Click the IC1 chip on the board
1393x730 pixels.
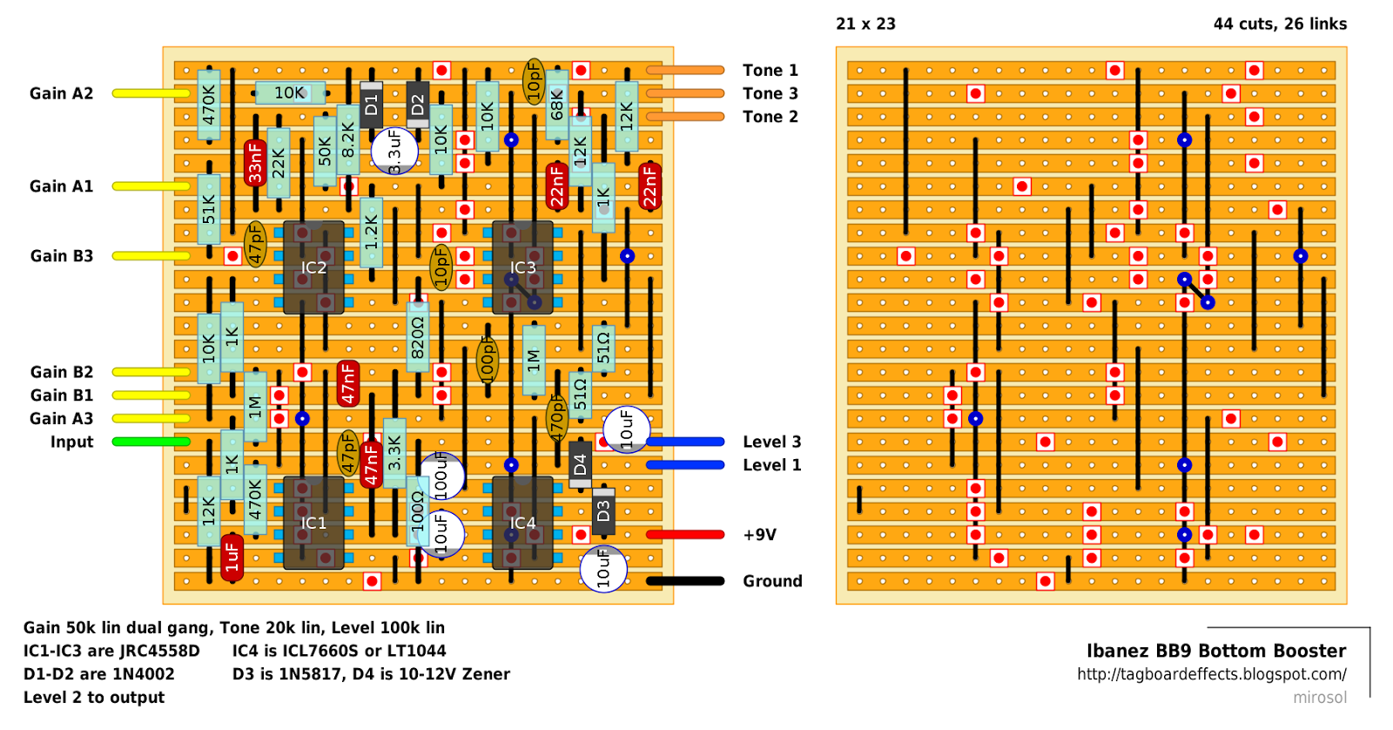click(313, 523)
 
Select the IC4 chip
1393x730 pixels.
click(522, 523)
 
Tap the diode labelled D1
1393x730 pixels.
click(372, 105)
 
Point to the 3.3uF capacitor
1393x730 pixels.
click(394, 152)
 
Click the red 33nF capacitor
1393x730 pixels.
click(255, 163)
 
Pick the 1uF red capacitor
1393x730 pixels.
click(232, 558)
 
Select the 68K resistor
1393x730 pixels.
click(557, 105)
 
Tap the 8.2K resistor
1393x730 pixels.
click(348, 139)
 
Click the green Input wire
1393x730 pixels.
click(151, 442)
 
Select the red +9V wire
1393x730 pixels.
click(685, 535)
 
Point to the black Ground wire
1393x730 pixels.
click(685, 581)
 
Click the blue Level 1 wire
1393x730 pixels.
click(685, 465)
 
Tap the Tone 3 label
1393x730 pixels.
click(770, 93)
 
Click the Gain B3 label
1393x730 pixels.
click(61, 256)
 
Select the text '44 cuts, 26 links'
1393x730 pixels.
click(1280, 24)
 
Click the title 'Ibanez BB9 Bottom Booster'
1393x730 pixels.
click(1215, 651)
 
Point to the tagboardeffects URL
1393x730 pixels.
click(1211, 674)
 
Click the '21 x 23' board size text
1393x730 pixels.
click(865, 24)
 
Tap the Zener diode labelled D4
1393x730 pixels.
click(581, 465)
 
